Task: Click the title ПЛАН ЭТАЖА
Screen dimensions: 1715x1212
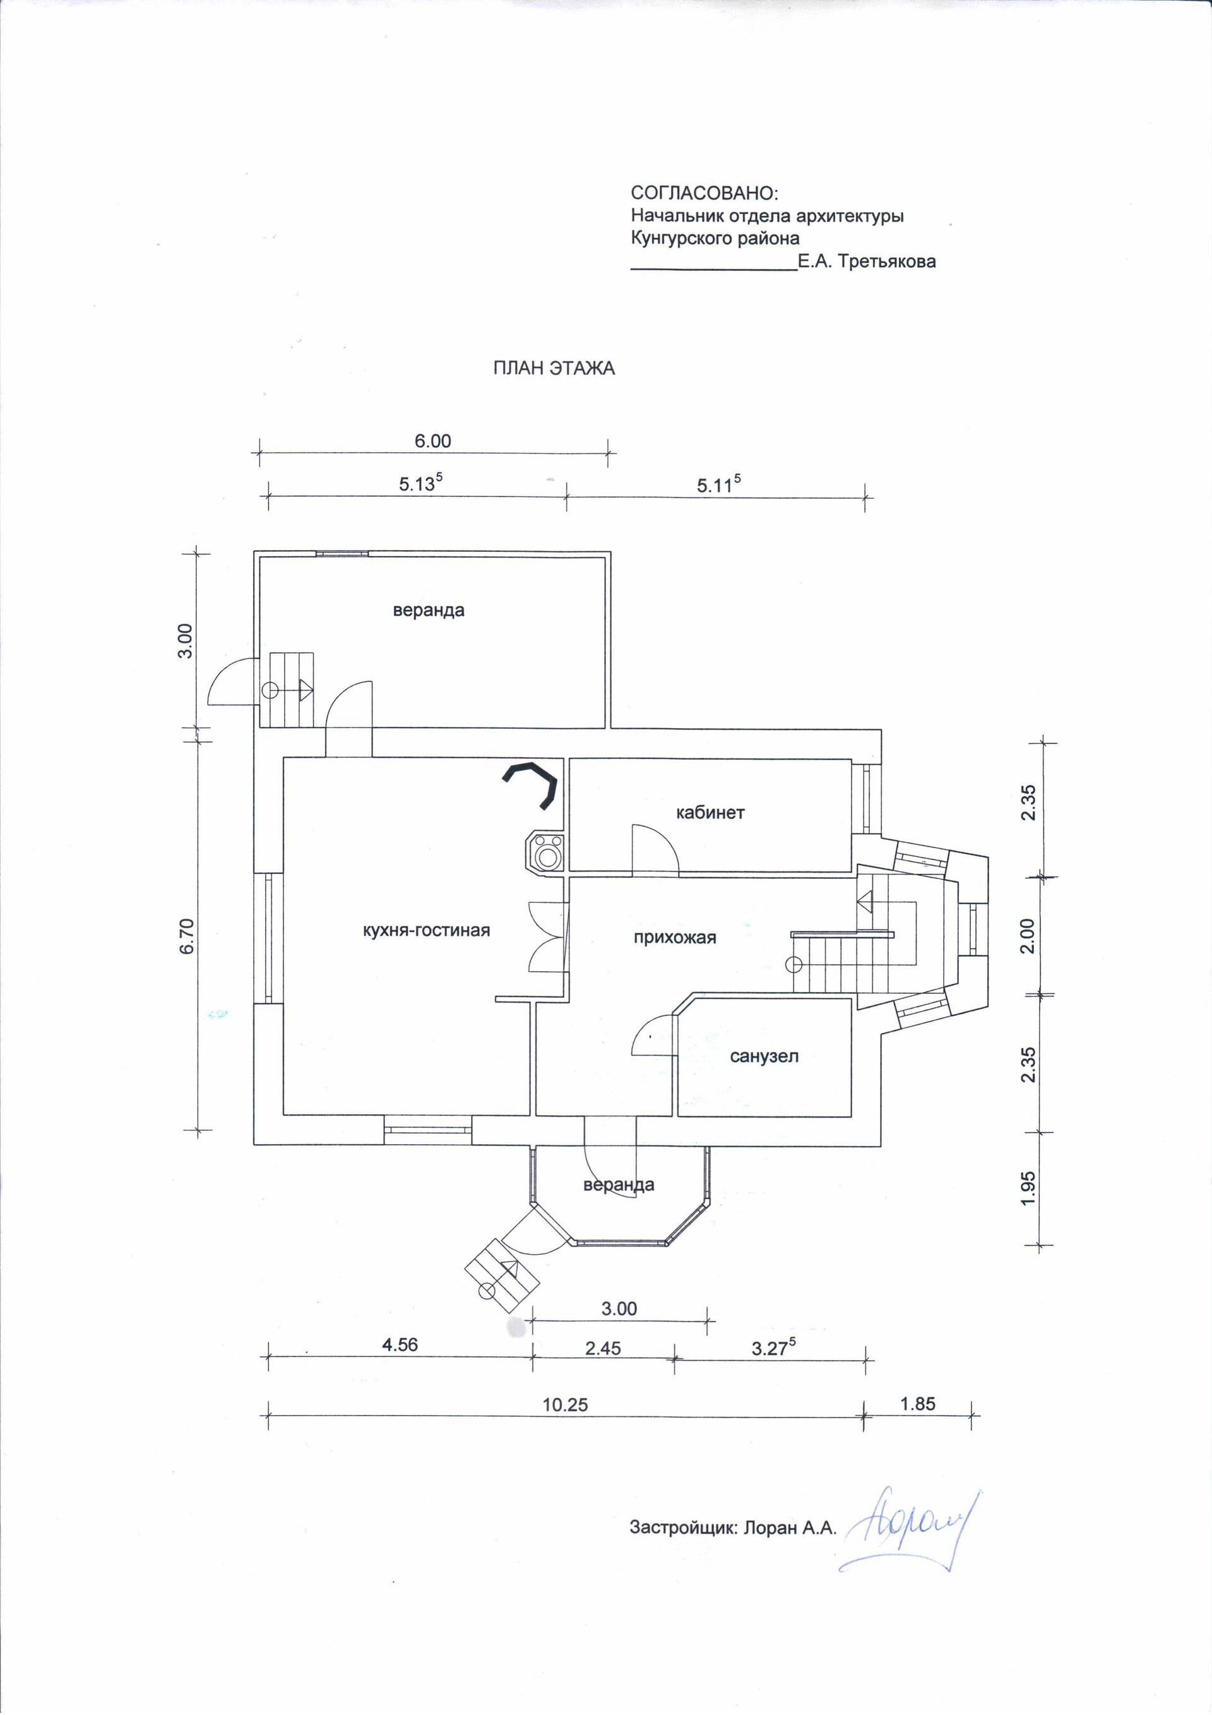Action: [554, 368]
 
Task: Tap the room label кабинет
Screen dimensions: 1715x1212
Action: [710, 813]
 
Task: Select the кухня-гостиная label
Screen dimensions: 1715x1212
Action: [425, 931]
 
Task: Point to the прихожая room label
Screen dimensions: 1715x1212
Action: [674, 938]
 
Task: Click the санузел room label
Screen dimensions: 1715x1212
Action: [764, 1057]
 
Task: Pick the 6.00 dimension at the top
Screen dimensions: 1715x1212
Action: [433, 441]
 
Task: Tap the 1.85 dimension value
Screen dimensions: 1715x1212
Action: [918, 1404]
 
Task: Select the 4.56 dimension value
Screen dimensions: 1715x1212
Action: [400, 1345]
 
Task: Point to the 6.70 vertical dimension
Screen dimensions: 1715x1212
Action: [187, 935]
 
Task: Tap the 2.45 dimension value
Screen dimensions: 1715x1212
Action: [603, 1348]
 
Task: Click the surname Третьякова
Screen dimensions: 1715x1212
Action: [886, 262]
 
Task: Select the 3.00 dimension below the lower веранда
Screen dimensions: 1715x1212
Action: [619, 1308]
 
